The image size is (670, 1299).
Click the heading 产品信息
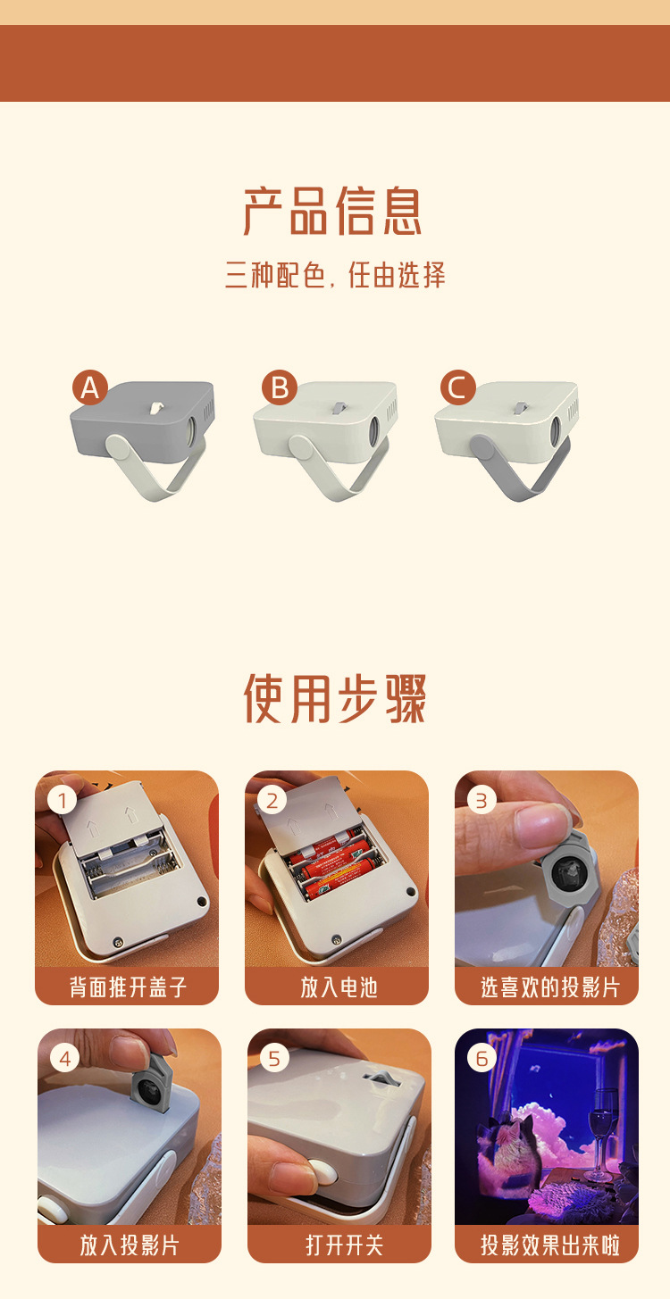tap(333, 211)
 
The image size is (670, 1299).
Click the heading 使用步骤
tap(335, 697)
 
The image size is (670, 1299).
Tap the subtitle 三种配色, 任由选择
tap(335, 275)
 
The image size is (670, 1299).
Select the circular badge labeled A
tap(89, 387)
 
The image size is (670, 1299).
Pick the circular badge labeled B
tap(280, 387)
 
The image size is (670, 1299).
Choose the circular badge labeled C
tap(457, 387)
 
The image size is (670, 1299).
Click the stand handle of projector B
tap(335, 469)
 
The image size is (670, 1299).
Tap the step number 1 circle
tap(61, 800)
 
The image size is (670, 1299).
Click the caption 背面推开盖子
tap(128, 987)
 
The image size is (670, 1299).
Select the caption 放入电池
tap(338, 987)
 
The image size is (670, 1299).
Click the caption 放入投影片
tap(130, 1245)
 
